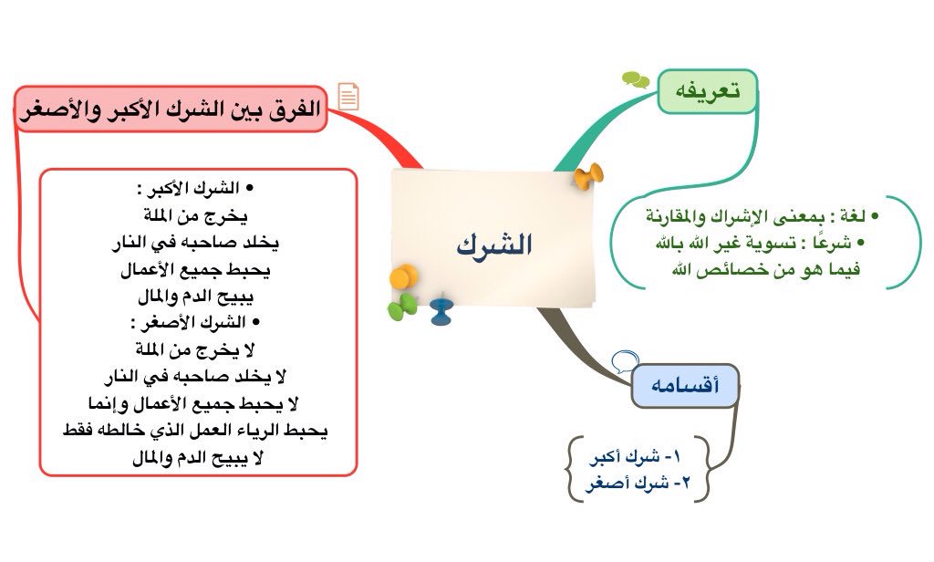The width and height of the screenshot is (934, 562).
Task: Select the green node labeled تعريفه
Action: point(707,91)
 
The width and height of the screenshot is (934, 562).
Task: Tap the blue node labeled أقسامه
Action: point(685,386)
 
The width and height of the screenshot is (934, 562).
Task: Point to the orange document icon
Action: point(348,96)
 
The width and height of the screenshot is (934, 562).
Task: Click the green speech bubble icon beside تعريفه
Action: point(636,80)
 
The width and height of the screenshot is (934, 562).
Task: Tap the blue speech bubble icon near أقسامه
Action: point(624,361)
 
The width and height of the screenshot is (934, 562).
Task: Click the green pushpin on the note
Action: point(401,308)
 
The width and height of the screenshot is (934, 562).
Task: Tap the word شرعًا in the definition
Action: point(834,244)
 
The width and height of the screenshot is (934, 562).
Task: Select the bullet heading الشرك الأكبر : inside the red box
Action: point(193,189)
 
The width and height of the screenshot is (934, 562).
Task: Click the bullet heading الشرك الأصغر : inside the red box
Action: point(193,322)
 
